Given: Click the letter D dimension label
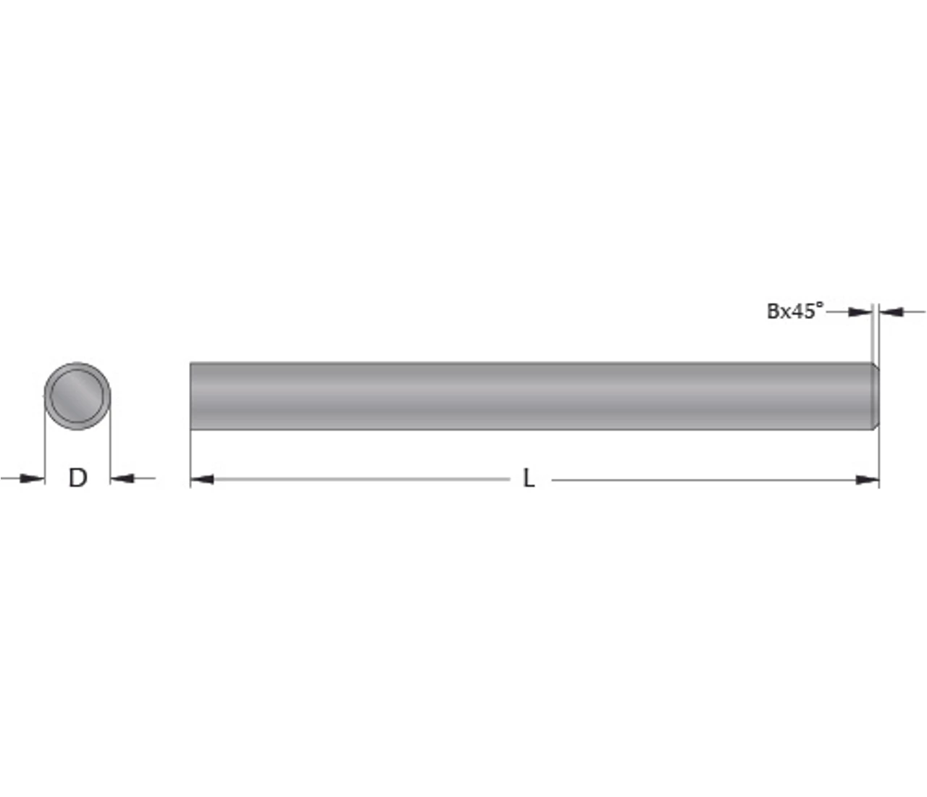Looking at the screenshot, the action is (78, 477).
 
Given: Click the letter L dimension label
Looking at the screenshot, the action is (529, 478).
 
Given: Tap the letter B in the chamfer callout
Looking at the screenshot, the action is (773, 311).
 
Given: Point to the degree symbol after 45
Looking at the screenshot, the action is (821, 305).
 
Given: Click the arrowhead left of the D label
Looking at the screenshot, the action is (33, 478).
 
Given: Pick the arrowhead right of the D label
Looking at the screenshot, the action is (122, 478).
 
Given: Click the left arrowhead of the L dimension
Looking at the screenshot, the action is (202, 480).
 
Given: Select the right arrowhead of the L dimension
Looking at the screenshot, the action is (867, 480).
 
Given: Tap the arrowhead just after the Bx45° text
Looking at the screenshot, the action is (860, 312).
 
